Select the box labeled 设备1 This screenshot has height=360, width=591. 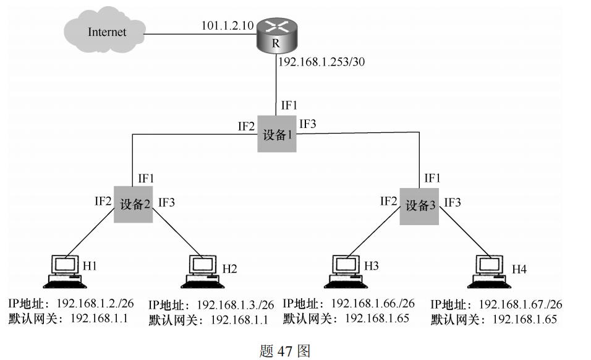tap(276, 134)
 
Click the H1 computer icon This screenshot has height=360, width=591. tap(64, 272)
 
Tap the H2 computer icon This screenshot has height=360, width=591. tap(203, 272)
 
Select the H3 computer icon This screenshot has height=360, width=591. tap(344, 272)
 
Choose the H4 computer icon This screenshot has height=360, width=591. tap(490, 272)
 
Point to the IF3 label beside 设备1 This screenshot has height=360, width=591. tap(308, 124)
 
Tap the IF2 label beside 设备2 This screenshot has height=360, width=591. tap(103, 200)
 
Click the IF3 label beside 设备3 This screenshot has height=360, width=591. tap(453, 202)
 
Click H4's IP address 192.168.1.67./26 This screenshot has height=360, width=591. tap(521, 304)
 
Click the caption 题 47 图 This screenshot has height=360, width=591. tap(284, 351)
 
